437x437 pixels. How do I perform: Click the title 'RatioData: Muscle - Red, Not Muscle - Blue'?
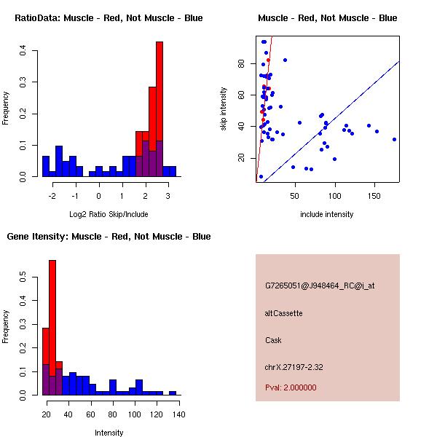coord(109,17)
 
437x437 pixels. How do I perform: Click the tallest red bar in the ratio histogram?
coord(159,109)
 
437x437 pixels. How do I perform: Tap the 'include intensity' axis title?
coord(327,214)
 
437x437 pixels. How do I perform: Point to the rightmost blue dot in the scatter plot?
coord(394,139)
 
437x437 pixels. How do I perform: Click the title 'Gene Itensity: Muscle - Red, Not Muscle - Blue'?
coord(109,237)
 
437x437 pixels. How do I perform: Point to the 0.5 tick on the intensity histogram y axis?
coord(23,277)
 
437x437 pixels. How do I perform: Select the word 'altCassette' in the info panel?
coord(283,313)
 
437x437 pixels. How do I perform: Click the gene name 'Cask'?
coord(273,340)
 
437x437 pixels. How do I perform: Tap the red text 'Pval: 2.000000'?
coord(291,387)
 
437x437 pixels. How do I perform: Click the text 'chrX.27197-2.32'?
coord(294,367)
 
